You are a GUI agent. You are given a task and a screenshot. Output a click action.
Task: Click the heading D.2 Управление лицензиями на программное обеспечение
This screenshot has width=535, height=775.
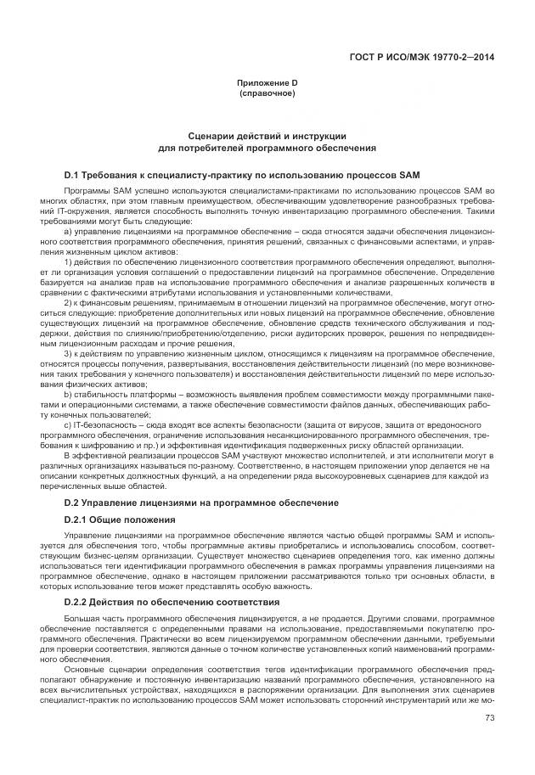(201, 503)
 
